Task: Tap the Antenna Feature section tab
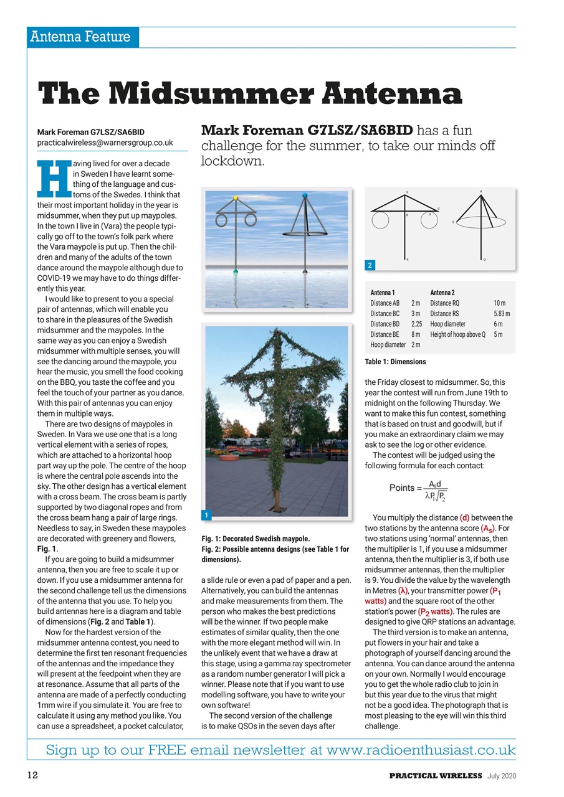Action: (x=82, y=37)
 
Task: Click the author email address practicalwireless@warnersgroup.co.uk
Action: (x=105, y=143)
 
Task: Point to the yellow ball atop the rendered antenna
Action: (x=236, y=197)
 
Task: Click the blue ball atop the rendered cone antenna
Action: (x=305, y=196)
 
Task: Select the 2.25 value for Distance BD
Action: (x=416, y=324)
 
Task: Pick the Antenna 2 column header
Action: (x=442, y=293)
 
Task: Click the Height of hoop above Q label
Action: (x=457, y=335)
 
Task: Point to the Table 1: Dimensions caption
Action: (x=395, y=361)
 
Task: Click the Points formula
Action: (x=418, y=490)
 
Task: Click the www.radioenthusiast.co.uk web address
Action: (x=421, y=750)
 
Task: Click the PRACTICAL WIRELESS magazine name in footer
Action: (x=436, y=775)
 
